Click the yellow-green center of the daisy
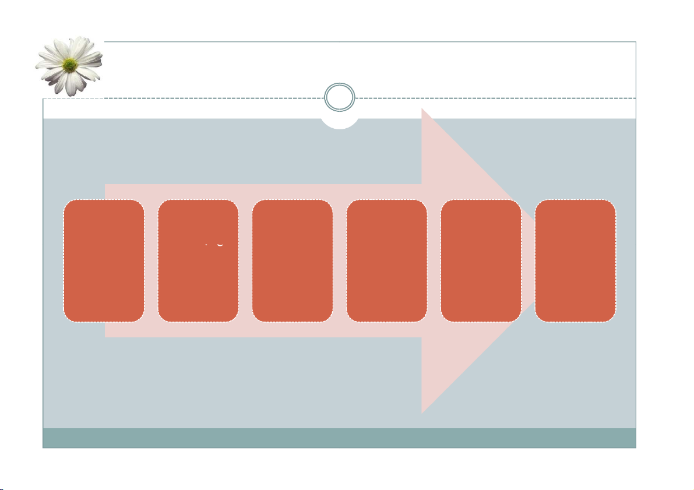pos(70,64)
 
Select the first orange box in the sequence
pos(104,260)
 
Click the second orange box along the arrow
pos(198,274)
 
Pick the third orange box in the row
pos(293,260)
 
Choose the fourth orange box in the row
pos(387,260)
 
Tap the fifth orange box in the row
pos(481,260)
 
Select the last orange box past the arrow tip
pos(576,260)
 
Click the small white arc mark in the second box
pos(220,243)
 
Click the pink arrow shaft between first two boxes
pos(151,260)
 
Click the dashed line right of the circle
pos(495,97)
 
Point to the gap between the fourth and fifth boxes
pos(434,260)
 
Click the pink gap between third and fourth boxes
pos(340,260)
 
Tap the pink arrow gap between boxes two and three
pos(245,260)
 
